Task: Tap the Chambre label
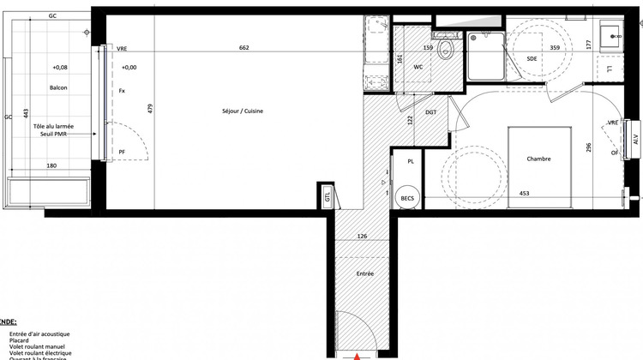coord(539,159)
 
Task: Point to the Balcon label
coord(58,87)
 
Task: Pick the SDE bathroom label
coord(532,58)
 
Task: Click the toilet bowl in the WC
coord(444,51)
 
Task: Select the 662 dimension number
coord(243,48)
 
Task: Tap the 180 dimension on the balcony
coord(51,165)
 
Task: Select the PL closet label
coord(411,160)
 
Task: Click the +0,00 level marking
coord(129,67)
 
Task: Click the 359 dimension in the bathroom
coord(555,48)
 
